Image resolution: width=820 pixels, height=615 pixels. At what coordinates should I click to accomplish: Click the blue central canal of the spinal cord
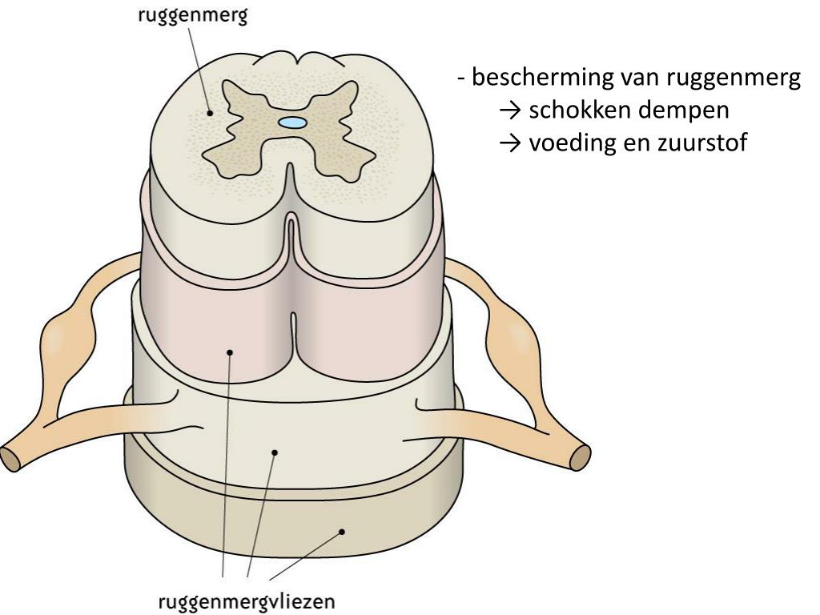click(291, 123)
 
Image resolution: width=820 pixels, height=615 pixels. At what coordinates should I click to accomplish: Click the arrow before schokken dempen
click(509, 111)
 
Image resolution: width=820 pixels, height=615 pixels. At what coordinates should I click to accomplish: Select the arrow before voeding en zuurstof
click(509, 145)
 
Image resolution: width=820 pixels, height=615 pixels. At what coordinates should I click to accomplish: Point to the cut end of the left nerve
click(10, 458)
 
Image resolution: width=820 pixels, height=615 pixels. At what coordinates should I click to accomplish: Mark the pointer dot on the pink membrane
click(229, 351)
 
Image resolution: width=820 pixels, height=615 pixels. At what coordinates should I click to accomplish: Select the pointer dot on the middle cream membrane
click(274, 452)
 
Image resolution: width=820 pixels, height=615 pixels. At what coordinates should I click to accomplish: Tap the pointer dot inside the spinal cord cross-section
click(211, 113)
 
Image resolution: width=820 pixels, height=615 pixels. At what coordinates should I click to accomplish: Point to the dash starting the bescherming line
click(461, 79)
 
